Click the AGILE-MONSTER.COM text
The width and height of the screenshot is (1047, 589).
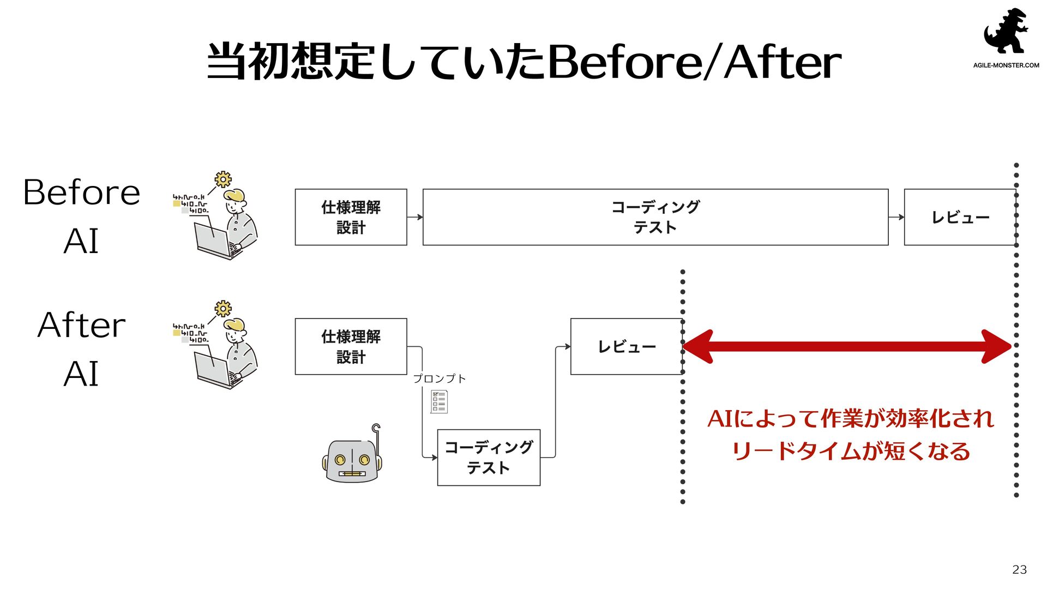(x=1006, y=65)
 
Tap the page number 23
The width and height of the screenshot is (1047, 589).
(x=1019, y=569)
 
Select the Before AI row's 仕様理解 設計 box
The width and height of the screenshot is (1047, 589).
(x=351, y=217)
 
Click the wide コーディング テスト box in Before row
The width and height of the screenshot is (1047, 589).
(x=655, y=217)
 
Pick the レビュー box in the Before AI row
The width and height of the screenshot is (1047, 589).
(x=960, y=217)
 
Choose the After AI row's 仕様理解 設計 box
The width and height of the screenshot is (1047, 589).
(x=351, y=346)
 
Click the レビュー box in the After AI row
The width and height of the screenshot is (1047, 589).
(x=626, y=346)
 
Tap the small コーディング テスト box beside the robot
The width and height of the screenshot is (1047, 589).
(x=489, y=458)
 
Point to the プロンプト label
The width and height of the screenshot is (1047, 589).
(x=439, y=378)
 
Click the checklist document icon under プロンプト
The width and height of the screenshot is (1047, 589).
(x=439, y=401)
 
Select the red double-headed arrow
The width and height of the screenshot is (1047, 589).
(x=846, y=346)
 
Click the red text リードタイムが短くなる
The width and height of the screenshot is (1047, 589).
(x=851, y=452)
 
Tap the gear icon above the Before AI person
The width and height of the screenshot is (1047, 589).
(x=223, y=179)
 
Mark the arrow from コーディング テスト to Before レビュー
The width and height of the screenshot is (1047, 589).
(x=896, y=217)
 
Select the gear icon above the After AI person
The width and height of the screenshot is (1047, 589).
(x=223, y=308)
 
